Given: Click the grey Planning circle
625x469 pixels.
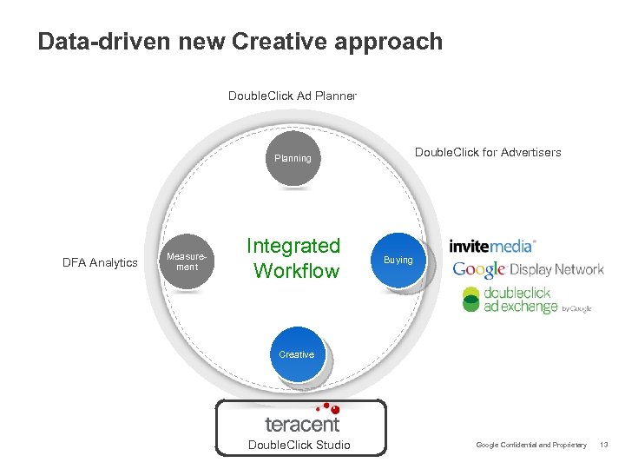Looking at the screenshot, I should coord(293,158).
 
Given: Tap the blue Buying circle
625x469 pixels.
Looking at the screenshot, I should coord(398,260).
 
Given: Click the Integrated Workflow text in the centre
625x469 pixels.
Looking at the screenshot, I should coord(294,259).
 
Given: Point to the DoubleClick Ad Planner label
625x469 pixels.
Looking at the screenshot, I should coord(292,96).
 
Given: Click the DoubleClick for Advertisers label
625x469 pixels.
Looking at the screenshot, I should coord(488,152).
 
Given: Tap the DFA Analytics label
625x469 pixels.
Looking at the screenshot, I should coord(101,262).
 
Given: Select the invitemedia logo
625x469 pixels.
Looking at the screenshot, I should coord(492,247).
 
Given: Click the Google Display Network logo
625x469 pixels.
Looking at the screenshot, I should coord(528,269).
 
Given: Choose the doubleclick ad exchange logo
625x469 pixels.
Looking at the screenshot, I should coord(525,300).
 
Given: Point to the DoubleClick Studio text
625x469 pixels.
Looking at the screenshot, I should coord(299,446).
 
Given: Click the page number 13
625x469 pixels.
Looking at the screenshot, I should coord(604,446).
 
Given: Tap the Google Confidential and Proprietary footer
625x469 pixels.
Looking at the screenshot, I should coord(531,446).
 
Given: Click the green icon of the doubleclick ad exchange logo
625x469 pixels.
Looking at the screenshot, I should coord(471,299).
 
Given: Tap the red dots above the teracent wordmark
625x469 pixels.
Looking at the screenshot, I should coord(327,406).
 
